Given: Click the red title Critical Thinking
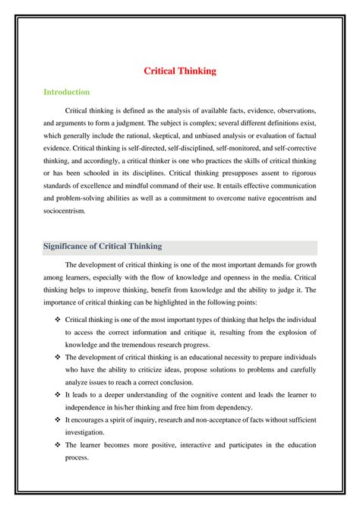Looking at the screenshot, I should click(x=180, y=71).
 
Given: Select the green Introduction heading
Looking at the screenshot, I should click(x=66, y=92).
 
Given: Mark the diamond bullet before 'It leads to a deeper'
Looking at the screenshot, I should click(x=58, y=395).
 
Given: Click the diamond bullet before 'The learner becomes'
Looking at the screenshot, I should click(x=58, y=444).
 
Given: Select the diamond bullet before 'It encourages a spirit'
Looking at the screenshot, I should click(x=58, y=419).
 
